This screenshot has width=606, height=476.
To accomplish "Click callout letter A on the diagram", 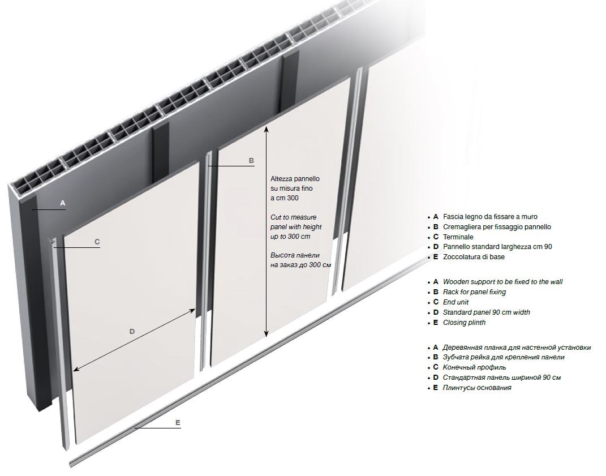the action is click(63, 203).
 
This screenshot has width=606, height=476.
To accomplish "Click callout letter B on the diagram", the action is click(251, 161).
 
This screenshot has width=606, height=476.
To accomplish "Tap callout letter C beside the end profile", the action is click(97, 242).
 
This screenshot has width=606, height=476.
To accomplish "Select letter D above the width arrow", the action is click(132, 331).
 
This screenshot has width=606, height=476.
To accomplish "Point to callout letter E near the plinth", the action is click(178, 423).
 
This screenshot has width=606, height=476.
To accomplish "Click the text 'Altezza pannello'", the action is click(295, 179).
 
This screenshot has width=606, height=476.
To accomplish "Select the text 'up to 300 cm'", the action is click(290, 236).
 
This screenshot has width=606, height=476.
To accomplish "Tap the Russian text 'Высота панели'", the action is click(295, 255).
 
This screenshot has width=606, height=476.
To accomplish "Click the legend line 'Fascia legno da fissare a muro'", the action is click(490, 217).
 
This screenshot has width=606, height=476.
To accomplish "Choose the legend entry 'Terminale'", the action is click(458, 237).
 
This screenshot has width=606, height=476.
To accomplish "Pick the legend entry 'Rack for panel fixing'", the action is click(474, 292).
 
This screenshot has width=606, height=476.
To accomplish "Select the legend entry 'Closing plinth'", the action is click(464, 323).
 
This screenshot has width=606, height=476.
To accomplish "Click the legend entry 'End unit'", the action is click(455, 302).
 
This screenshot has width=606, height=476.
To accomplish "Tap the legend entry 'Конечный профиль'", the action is click(474, 367).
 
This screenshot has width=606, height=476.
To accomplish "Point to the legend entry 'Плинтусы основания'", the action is click(477, 388).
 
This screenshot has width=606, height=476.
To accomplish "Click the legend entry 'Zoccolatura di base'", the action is click(474, 257).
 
